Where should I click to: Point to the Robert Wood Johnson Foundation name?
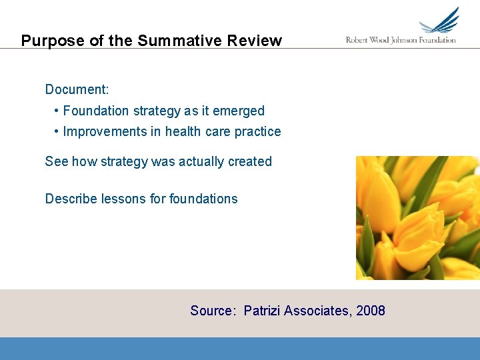(401, 40)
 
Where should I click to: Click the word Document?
(77, 89)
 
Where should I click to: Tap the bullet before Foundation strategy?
(57, 111)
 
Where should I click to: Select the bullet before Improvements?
(57, 131)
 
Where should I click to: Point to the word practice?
(257, 131)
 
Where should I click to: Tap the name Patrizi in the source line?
(262, 311)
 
